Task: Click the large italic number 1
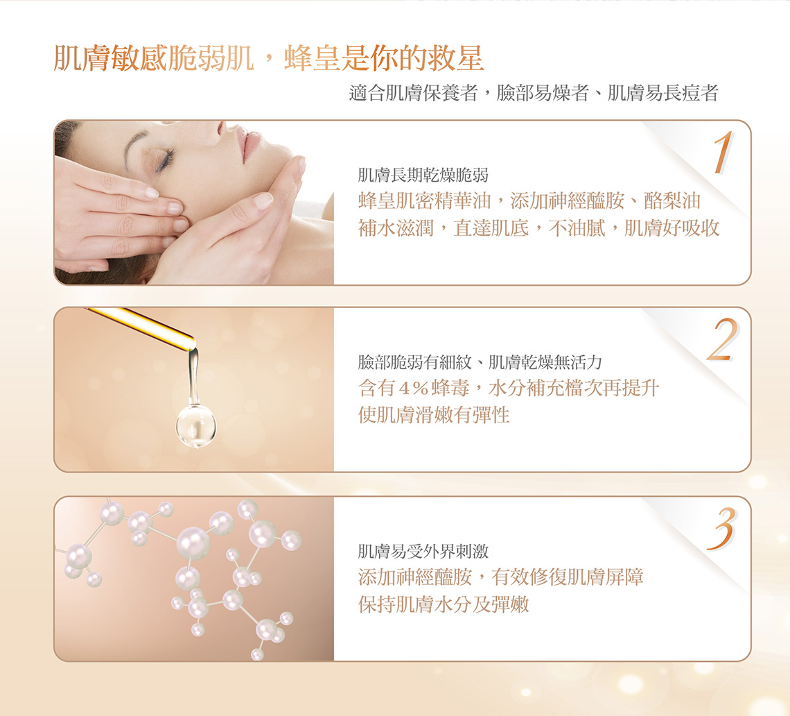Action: pos(723,153)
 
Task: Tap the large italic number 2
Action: pos(723,339)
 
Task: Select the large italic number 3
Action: pos(721,528)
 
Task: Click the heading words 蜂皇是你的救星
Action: pos(384,58)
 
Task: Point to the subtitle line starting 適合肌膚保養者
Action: pos(534,93)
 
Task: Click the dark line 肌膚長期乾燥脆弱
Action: pos(423,175)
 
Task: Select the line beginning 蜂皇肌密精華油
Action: pos(529,201)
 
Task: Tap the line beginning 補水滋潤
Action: pos(538,228)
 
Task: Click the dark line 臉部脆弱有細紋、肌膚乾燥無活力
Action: pos(480,361)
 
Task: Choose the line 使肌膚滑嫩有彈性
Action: pos(434,415)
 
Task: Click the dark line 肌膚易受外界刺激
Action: pos(423,552)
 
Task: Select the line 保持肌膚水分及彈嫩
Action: pos(444,604)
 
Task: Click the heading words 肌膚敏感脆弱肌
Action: pos(154,58)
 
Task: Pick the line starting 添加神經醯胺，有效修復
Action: pos(500,577)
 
